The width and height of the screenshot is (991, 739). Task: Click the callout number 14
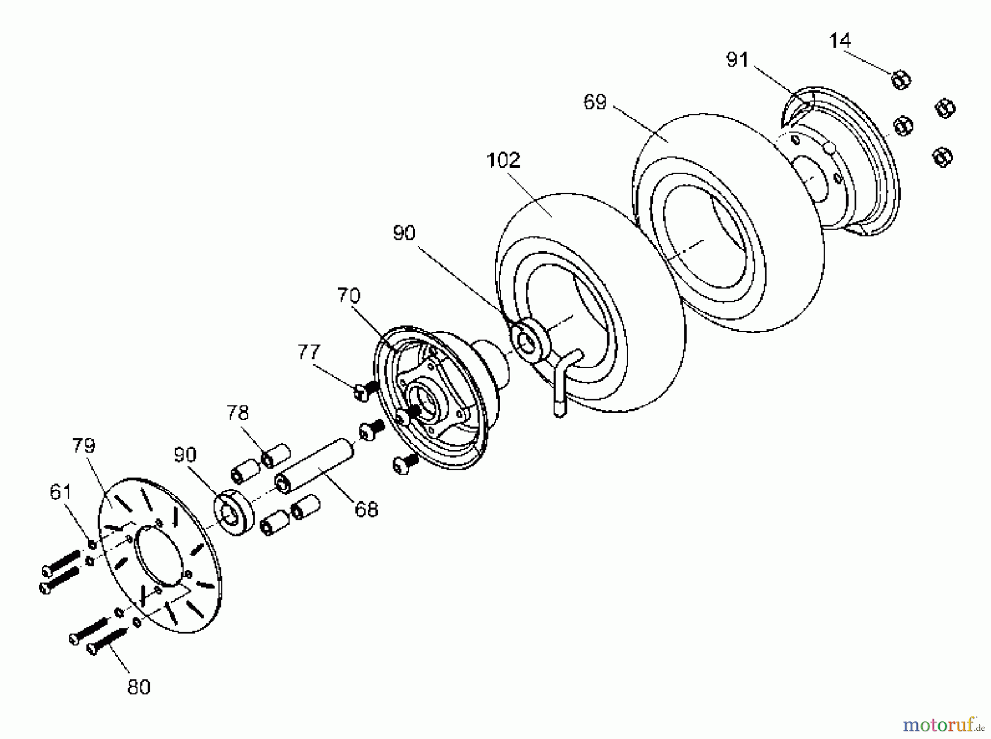(x=840, y=41)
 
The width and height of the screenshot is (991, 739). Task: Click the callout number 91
(x=737, y=59)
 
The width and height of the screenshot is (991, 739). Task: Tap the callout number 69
(x=595, y=102)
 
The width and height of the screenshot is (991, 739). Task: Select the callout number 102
(x=503, y=161)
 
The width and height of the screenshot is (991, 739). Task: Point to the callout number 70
(x=349, y=296)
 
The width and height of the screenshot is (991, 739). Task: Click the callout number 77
(x=308, y=352)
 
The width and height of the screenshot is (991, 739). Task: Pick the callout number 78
(x=238, y=413)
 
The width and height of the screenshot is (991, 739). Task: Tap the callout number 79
(x=84, y=445)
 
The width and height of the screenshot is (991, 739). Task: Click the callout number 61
(x=61, y=492)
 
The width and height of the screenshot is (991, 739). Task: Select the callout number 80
(x=138, y=687)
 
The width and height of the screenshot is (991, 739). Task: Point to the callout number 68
(x=367, y=509)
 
